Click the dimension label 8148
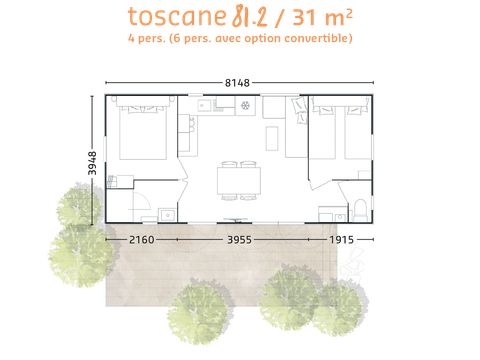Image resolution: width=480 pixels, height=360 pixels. pos(237,83)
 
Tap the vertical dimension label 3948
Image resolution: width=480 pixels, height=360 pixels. pos(92,163)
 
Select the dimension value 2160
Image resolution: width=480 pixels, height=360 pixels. pos(142,240)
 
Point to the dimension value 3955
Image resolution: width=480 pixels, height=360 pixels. pos(239,240)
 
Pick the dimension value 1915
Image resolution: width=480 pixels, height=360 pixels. pos(341,240)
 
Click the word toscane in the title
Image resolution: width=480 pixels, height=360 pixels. pos(177,17)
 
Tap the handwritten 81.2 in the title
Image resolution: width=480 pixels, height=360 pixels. pos(250,17)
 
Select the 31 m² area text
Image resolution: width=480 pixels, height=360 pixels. pos(323,17)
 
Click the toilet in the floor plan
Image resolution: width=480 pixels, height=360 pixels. pos(360,209)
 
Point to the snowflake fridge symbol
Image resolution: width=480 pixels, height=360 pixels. pos(245,106)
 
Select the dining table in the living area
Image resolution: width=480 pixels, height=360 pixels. pos(239,180)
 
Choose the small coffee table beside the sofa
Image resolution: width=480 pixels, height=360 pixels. pos(272,138)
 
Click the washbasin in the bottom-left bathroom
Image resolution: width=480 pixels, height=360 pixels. pos(168,215)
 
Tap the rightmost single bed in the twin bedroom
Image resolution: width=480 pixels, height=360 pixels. pos(358,132)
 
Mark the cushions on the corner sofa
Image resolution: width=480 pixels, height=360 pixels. pos(300,110)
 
